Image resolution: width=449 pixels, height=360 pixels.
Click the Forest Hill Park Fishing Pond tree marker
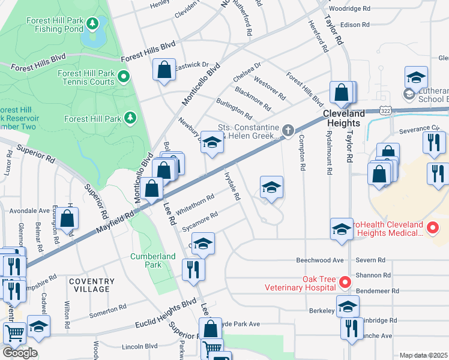tap(92, 24)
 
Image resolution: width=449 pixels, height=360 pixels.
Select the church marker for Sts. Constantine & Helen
tap(288, 130)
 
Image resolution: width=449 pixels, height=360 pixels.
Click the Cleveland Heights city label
tap(344, 118)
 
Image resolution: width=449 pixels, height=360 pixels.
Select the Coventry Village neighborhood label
tap(91, 285)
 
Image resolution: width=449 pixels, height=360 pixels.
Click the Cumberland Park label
tap(153, 260)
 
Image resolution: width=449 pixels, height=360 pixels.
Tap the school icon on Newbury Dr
tap(211, 142)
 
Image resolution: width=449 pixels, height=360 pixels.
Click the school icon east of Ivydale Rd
tap(271, 188)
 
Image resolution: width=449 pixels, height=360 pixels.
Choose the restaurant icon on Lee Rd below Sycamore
tap(193, 269)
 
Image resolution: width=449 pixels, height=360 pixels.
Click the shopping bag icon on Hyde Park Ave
tap(210, 328)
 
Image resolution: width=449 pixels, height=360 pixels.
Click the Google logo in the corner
tap(20, 353)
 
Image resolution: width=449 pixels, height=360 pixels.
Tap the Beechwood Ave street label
tap(320, 260)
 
